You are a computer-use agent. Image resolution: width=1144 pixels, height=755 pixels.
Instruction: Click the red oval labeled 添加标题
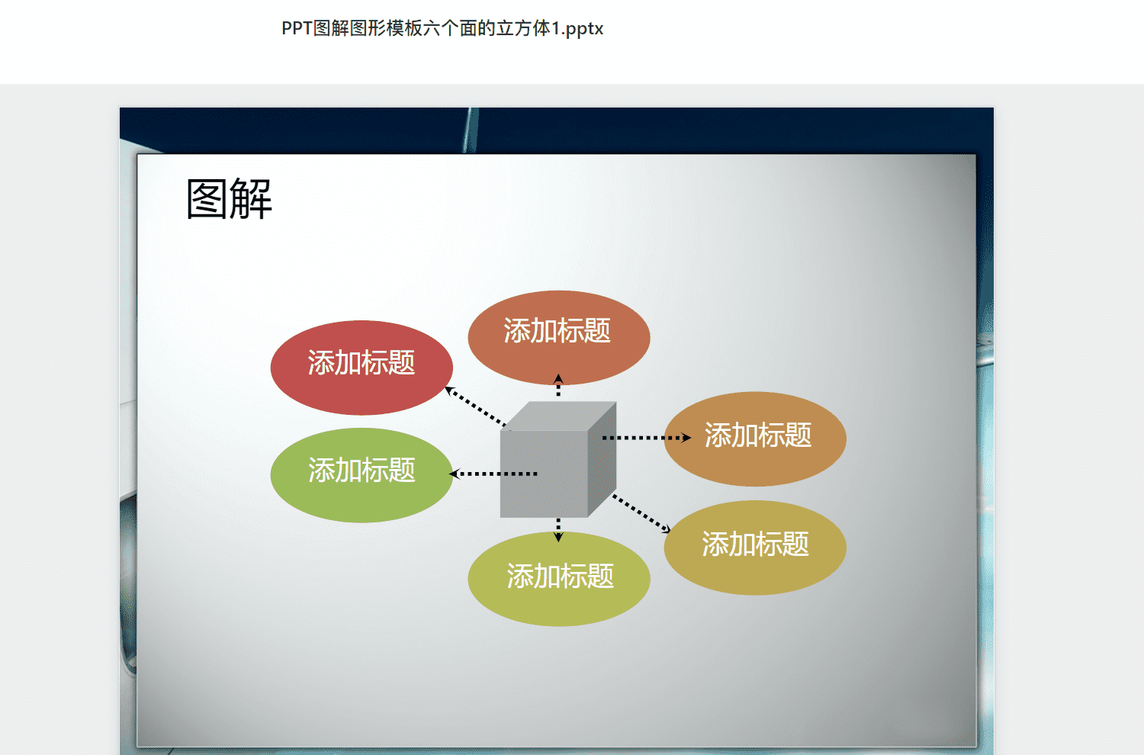coord(362,368)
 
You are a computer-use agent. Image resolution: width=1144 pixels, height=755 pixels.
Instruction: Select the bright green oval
coord(362,475)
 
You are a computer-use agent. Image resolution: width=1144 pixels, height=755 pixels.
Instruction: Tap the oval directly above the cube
coord(559,338)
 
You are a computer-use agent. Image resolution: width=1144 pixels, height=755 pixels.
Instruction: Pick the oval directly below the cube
coord(559,579)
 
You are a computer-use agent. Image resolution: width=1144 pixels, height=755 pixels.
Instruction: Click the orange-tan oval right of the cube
coord(755,439)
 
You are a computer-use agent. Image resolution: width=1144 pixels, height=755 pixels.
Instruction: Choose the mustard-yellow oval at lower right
coord(755,548)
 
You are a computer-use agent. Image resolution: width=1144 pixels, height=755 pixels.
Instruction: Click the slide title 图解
coord(229,199)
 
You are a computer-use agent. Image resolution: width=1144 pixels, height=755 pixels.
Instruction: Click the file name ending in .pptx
coord(442,29)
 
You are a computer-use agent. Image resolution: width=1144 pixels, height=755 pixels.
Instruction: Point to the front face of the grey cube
coord(544,474)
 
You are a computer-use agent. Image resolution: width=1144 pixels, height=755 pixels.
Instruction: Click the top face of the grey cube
coord(558,416)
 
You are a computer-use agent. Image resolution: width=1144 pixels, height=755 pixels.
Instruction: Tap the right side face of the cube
coord(603,459)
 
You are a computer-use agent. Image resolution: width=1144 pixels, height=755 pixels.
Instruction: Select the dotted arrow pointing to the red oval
coord(475,406)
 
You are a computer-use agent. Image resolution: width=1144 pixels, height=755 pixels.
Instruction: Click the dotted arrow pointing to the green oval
coord(493,474)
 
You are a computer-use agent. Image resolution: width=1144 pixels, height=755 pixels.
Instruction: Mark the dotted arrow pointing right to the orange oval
coord(647,438)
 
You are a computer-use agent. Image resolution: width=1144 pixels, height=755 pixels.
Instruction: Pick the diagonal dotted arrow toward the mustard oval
coord(641,514)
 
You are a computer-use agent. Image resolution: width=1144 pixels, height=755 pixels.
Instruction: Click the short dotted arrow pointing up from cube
coord(558,385)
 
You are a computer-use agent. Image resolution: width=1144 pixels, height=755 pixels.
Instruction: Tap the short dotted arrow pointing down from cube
coord(558,530)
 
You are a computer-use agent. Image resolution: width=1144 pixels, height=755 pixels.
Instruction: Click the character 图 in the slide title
coord(207,199)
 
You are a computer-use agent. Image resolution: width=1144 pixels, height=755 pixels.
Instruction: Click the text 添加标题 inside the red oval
coord(361,363)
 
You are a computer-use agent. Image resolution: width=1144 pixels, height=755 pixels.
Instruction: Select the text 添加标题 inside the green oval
coord(362,470)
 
